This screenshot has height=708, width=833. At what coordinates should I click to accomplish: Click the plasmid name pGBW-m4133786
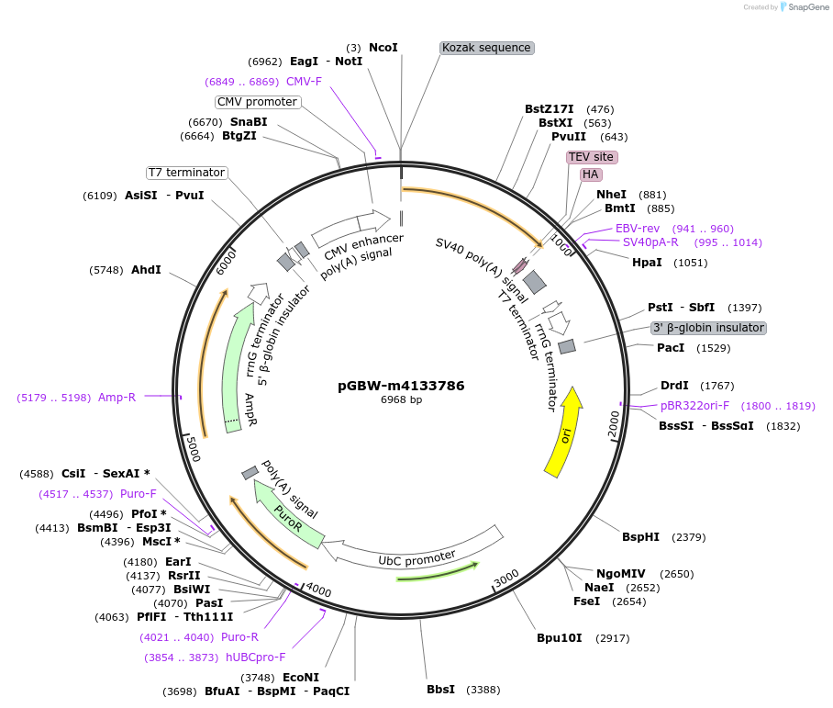[401, 386]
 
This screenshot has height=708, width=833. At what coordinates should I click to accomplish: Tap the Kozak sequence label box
[486, 48]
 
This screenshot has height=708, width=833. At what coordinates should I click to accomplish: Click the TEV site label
[592, 157]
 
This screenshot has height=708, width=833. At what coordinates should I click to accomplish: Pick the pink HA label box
[591, 174]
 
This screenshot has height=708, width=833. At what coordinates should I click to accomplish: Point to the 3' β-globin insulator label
[707, 328]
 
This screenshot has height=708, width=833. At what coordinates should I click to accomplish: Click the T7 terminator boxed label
[187, 173]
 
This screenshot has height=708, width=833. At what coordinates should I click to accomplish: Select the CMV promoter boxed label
[257, 102]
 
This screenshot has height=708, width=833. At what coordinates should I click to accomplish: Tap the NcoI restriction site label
[383, 47]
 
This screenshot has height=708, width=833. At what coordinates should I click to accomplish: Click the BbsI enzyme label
[440, 689]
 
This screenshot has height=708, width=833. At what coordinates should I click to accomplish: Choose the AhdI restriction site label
[146, 270]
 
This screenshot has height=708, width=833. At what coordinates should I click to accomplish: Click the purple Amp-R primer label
[117, 398]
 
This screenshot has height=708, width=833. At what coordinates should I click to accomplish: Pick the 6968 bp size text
[401, 400]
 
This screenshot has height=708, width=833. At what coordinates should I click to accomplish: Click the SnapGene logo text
[806, 7]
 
